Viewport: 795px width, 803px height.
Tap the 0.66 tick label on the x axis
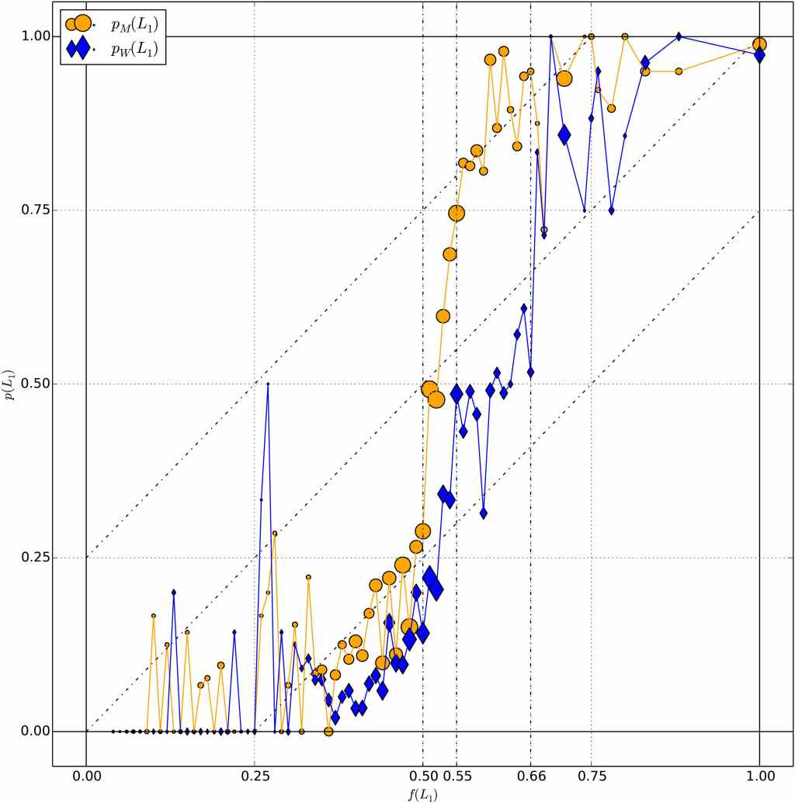(x=531, y=775)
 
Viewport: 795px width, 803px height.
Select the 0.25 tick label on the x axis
(x=255, y=775)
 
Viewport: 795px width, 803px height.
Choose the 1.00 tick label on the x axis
(x=759, y=775)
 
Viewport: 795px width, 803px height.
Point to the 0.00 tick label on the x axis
(x=86, y=775)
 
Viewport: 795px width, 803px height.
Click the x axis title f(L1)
(x=422, y=793)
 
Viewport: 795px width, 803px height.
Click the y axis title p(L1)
(x=9, y=384)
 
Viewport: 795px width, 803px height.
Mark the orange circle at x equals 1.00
(x=759, y=44)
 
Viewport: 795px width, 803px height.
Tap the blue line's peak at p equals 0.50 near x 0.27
(x=268, y=384)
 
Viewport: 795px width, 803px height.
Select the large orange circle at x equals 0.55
(x=457, y=213)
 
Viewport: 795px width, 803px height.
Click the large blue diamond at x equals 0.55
(x=457, y=393)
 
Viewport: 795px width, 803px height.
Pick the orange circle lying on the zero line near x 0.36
(x=328, y=732)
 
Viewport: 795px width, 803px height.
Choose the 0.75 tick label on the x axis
(x=592, y=775)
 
